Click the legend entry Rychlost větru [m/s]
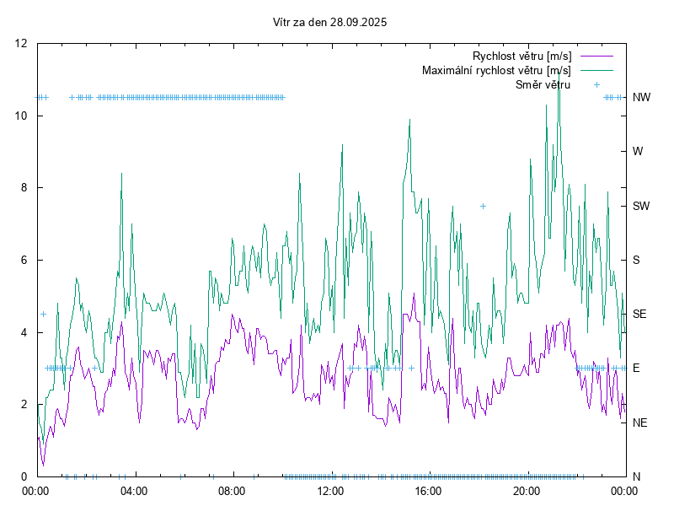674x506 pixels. click(x=522, y=57)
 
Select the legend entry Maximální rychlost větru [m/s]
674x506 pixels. click(x=496, y=70)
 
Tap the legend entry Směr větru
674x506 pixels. click(x=543, y=84)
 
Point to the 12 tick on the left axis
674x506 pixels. click(x=23, y=44)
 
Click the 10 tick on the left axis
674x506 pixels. click(x=23, y=116)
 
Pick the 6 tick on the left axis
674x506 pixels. click(x=25, y=260)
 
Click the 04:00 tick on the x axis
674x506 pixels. click(x=133, y=490)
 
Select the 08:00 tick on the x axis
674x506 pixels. click(x=232, y=490)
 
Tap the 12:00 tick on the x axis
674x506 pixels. click(x=329, y=490)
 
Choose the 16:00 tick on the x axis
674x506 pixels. click(x=428, y=490)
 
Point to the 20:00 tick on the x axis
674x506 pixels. click(x=527, y=490)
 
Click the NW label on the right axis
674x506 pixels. click(x=641, y=97)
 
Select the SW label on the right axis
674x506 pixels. click(x=641, y=206)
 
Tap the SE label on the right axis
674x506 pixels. click(x=639, y=314)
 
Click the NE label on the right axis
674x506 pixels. click(x=640, y=423)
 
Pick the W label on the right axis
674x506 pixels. click(x=638, y=152)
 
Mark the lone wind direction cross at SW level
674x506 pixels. click(x=483, y=206)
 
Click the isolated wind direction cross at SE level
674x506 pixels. click(x=43, y=314)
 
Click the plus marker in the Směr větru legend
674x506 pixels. click(x=596, y=84)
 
